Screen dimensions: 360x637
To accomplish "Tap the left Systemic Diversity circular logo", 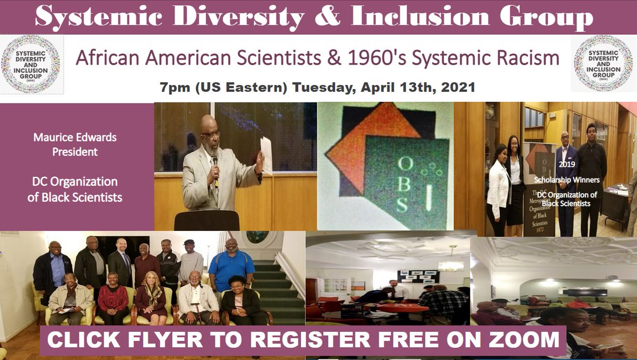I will click(x=31, y=64).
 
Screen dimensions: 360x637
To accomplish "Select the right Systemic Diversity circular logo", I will click(x=603, y=64).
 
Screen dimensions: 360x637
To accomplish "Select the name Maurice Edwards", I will click(x=75, y=138).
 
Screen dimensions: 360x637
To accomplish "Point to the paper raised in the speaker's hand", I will click(x=266, y=154).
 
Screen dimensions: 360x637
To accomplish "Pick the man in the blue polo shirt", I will click(x=231, y=265).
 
